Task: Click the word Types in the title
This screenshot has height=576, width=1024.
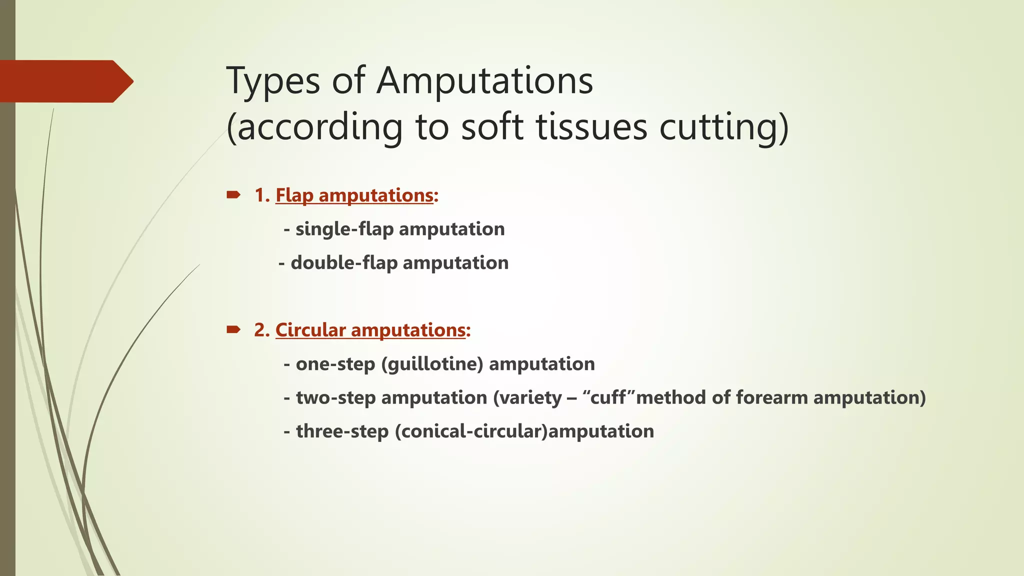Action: pos(273,81)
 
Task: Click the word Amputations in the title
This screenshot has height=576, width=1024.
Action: pos(484,81)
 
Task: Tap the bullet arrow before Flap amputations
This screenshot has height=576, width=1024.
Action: pos(233,194)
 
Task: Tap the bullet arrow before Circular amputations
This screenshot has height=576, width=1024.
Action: pos(233,329)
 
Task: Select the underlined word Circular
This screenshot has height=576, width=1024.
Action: pos(310,330)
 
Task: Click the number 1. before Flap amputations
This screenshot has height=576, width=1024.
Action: pos(262,195)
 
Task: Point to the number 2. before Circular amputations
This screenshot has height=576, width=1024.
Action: pos(262,330)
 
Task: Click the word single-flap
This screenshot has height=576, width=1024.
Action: pos(344,229)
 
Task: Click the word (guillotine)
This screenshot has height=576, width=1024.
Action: pos(432,364)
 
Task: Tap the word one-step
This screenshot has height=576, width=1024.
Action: pos(335,364)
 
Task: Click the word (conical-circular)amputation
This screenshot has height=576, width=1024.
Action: pos(524,431)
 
